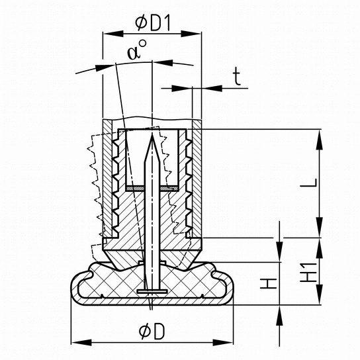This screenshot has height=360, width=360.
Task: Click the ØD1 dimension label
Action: tap(153, 23)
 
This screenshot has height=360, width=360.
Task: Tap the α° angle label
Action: tap(136, 50)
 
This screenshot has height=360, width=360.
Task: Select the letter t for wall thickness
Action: tap(236, 77)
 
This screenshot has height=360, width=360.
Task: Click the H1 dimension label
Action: tap(309, 273)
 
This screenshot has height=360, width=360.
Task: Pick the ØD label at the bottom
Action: tap(152, 332)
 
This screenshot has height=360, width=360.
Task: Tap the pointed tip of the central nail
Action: tap(152, 135)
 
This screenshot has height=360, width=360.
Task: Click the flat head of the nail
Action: tap(152, 292)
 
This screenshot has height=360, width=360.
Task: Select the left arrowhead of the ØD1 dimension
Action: tap(113, 34)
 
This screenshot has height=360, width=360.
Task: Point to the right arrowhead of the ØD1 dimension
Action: tap(191, 34)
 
